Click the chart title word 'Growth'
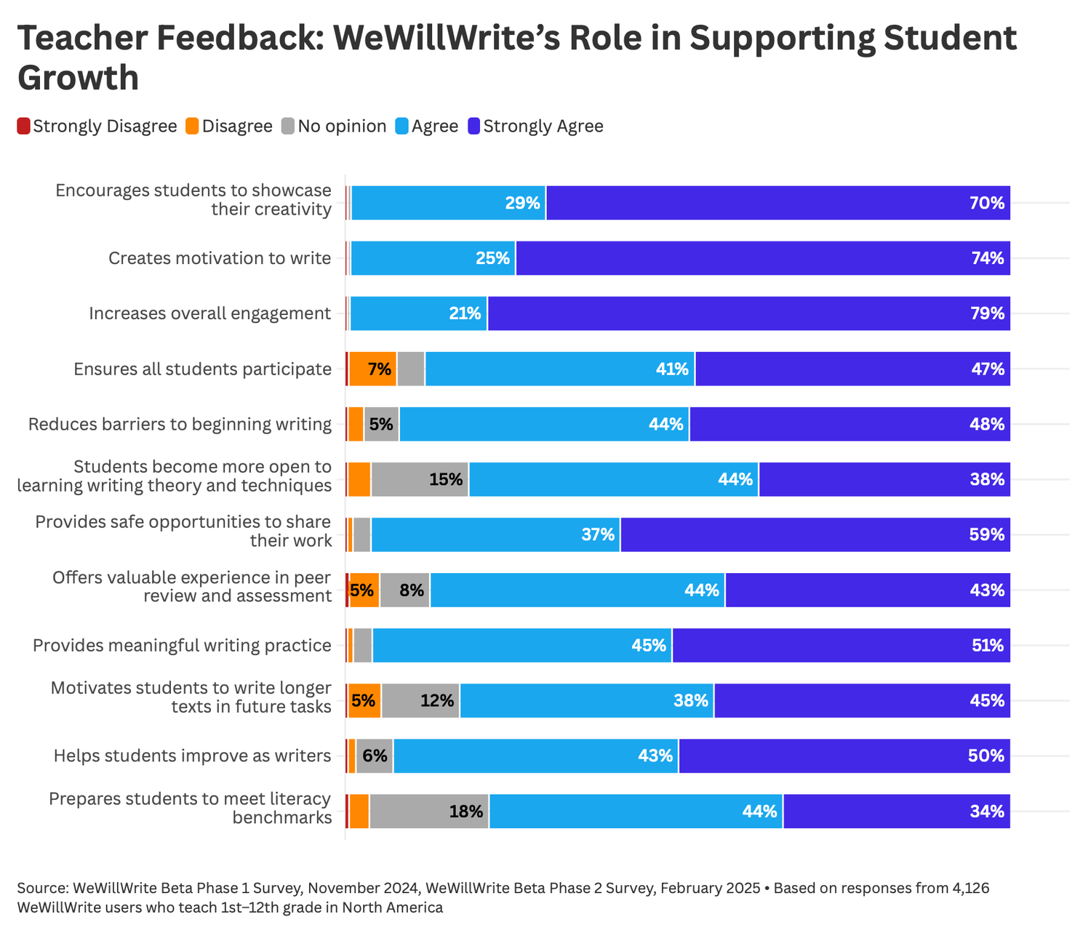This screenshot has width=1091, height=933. tap(78, 77)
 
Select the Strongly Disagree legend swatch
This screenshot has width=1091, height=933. tap(24, 126)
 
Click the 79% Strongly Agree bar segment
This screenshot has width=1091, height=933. tap(748, 313)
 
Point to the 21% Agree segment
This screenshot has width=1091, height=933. tap(419, 313)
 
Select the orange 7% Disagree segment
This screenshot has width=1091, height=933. tap(372, 369)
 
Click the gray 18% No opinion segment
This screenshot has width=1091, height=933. tap(429, 811)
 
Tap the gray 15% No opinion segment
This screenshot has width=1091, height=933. tap(420, 479)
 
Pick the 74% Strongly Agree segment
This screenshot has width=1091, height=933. tap(763, 258)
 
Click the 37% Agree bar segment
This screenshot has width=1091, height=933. tap(495, 534)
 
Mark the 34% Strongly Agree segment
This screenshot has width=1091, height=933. tap(897, 811)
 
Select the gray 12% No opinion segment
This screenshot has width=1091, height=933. tap(420, 700)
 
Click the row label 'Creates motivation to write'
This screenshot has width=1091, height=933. tap(220, 258)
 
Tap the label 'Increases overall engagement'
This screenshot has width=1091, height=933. tap(210, 313)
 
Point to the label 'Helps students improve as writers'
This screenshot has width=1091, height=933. tap(193, 756)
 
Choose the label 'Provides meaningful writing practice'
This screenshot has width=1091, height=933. tap(183, 645)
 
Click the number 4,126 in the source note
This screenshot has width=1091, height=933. tap(969, 888)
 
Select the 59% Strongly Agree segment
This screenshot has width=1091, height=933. tap(815, 534)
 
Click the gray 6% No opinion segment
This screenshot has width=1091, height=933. tap(375, 756)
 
